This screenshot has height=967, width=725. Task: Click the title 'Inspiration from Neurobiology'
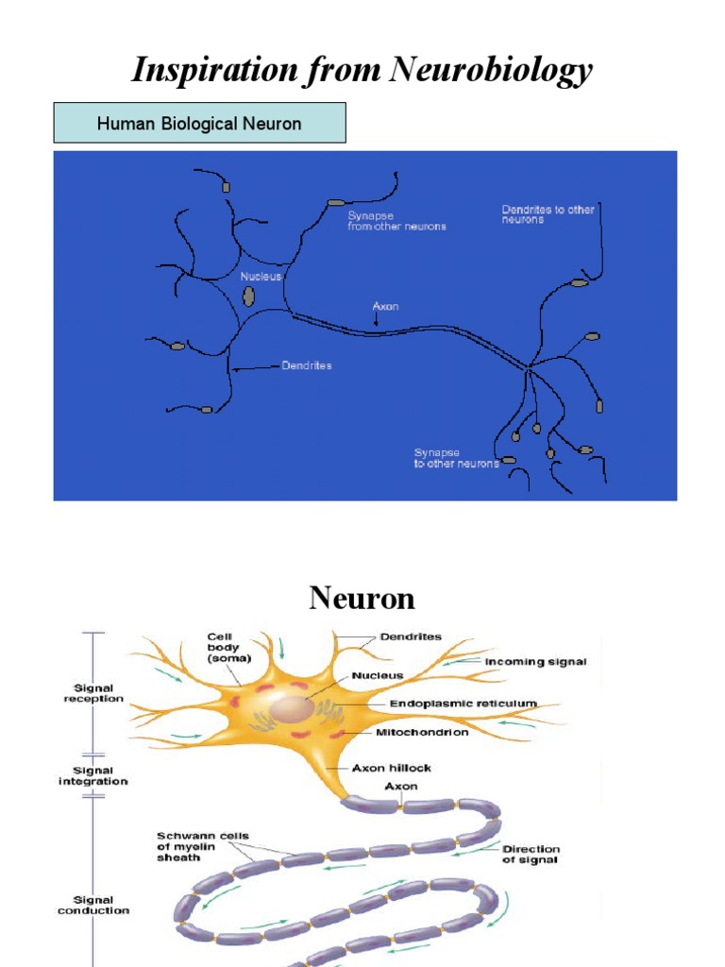tap(362, 70)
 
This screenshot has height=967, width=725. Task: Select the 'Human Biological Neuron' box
tap(199, 124)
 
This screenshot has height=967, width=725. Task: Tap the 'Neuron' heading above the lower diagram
tap(362, 599)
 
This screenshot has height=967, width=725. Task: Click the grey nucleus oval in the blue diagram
tap(248, 297)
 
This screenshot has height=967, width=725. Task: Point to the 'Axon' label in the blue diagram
tap(385, 307)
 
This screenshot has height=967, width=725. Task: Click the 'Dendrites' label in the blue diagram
tap(307, 365)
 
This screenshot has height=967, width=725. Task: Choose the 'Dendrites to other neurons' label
tap(548, 214)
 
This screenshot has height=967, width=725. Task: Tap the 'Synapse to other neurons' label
tap(456, 458)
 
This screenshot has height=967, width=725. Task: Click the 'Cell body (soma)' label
tap(225, 648)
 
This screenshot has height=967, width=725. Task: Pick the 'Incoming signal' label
tap(535, 662)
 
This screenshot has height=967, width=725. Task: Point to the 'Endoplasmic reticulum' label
tap(463, 704)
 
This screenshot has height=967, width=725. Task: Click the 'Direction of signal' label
tap(531, 855)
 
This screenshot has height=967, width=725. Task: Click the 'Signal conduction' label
tap(93, 905)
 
